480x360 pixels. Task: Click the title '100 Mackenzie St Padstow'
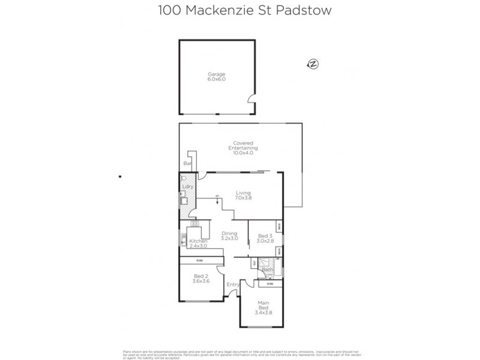[x=239, y=10]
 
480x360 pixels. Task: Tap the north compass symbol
[x=312, y=64]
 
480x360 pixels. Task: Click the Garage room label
[x=217, y=77]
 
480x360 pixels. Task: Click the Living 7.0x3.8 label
[x=243, y=195]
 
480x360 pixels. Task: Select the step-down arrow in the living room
[x=217, y=199]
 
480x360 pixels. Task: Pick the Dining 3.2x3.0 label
[x=229, y=236]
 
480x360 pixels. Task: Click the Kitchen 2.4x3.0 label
[x=198, y=243]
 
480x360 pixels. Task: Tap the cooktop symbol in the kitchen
[x=194, y=223]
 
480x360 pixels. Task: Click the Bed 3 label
[x=265, y=238]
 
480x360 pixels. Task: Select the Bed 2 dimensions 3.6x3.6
[x=200, y=281]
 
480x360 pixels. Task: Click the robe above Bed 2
[x=201, y=260]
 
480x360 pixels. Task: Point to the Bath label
[x=266, y=269]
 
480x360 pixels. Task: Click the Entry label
[x=233, y=284]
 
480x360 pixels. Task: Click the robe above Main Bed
[x=262, y=283]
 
